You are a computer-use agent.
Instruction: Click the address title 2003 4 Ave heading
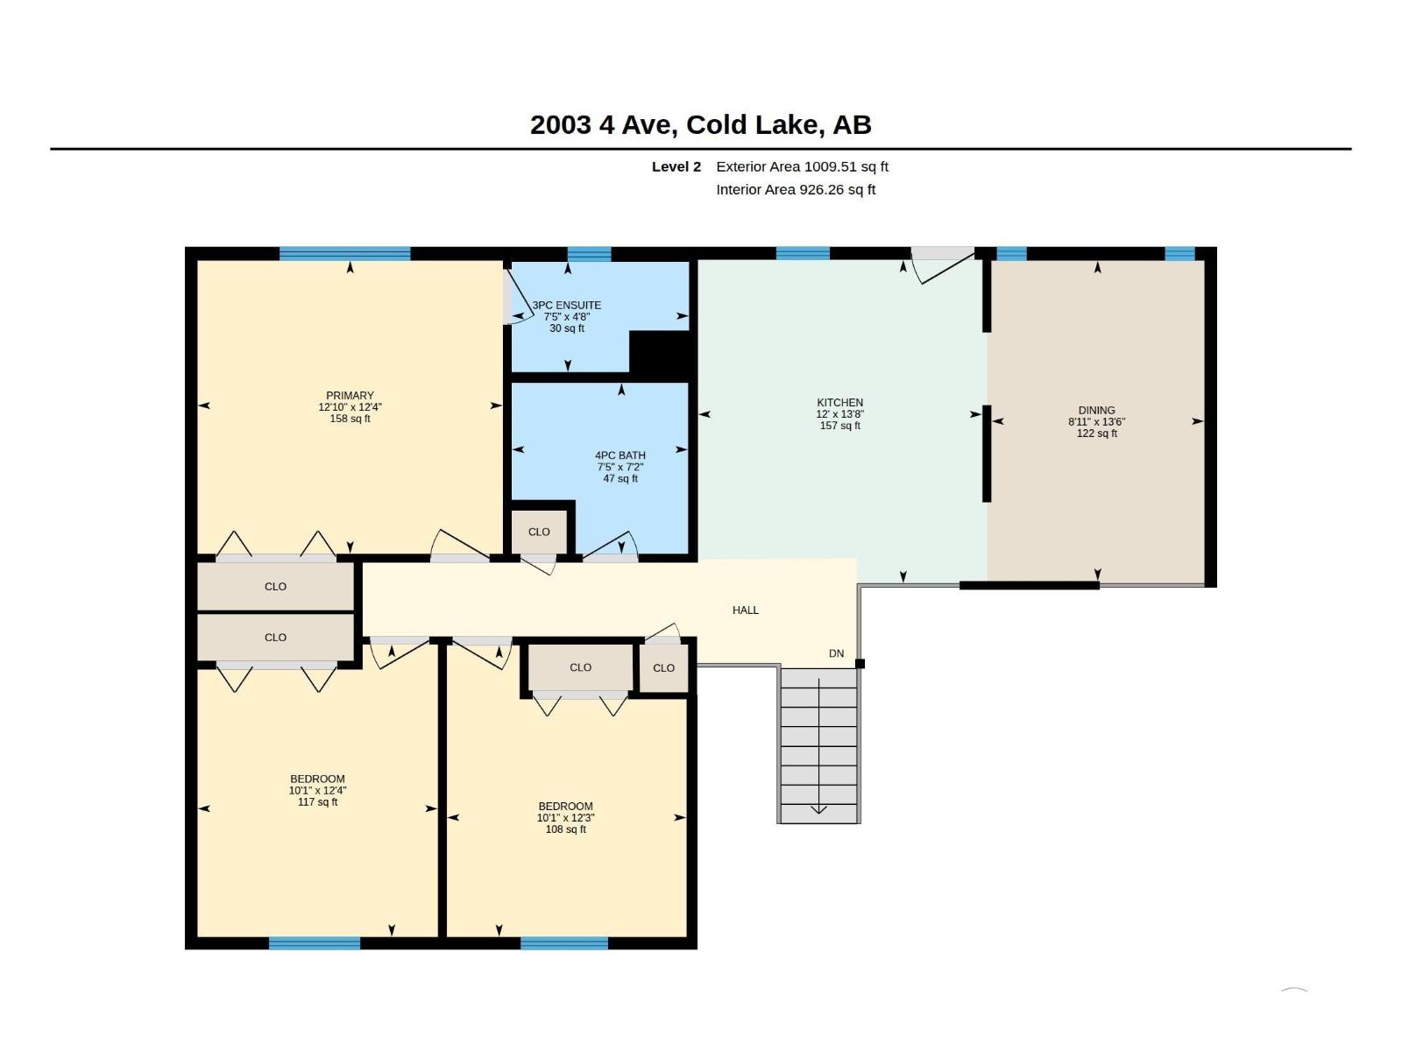[x=700, y=124]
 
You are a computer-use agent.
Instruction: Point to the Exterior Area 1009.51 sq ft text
[x=802, y=166]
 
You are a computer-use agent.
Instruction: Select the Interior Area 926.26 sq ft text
[x=796, y=189]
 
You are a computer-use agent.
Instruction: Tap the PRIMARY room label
[x=350, y=396]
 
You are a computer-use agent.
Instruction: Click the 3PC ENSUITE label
[x=567, y=305]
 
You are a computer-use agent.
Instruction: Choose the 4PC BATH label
[x=620, y=455]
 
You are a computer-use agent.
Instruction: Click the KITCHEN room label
[x=839, y=402]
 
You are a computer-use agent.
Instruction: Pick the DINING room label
[x=1096, y=410]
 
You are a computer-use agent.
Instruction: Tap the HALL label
[x=745, y=610]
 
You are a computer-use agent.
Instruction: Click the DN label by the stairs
[x=836, y=653]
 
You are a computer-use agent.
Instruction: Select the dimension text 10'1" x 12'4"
[x=317, y=790]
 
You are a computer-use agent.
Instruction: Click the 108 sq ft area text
[x=565, y=829]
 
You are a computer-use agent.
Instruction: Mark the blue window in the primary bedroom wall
[x=345, y=253]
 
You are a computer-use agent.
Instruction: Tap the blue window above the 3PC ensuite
[x=589, y=254]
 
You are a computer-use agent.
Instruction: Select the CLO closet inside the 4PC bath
[x=538, y=532]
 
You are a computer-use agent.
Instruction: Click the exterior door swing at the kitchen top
[x=943, y=265]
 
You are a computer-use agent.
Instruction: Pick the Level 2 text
[x=676, y=166]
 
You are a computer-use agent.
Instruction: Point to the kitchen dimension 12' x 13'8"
[x=839, y=413]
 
